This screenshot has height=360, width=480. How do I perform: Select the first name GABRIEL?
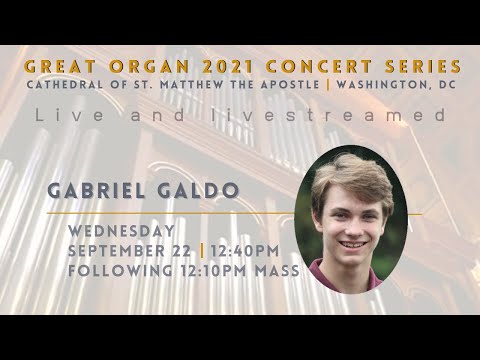105,191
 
